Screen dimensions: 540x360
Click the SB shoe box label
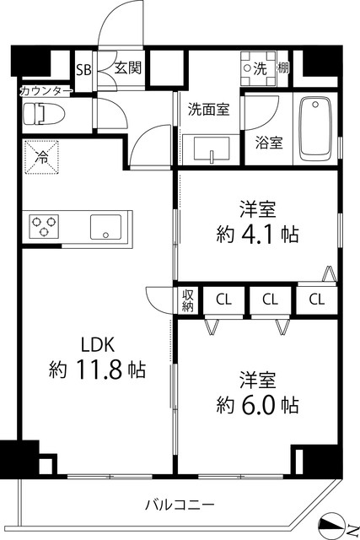(84, 70)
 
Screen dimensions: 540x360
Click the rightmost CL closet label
(317, 299)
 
